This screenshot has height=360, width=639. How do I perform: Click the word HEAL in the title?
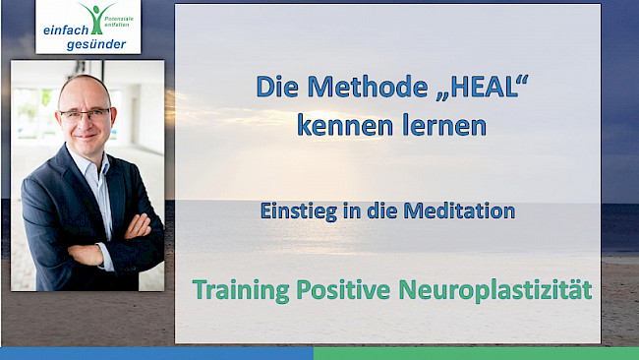[478, 88]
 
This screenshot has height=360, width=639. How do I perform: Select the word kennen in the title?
[337, 126]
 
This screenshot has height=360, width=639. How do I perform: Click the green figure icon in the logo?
[94, 15]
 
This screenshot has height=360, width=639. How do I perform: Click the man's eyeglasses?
[86, 114]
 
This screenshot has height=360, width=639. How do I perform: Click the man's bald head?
[85, 87]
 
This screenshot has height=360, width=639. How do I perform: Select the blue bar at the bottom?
[157, 353]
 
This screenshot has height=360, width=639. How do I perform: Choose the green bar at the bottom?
[476, 353]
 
